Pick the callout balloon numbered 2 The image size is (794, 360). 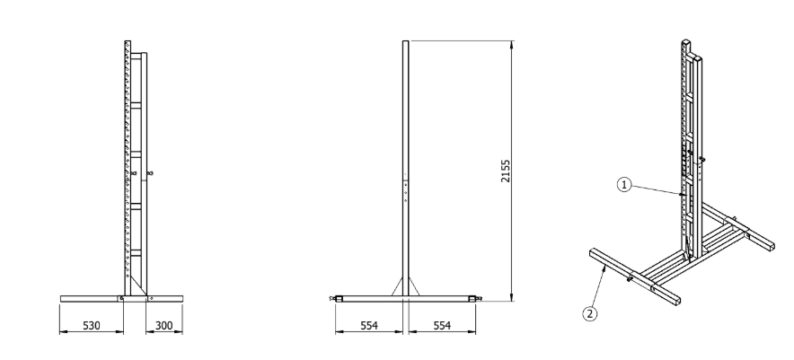pos(589,313)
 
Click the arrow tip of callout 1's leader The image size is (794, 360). pos(685,195)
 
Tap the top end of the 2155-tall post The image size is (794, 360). pos(404,42)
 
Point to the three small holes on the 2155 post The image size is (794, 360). pos(404,190)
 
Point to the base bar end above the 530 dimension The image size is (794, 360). pos(62,297)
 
